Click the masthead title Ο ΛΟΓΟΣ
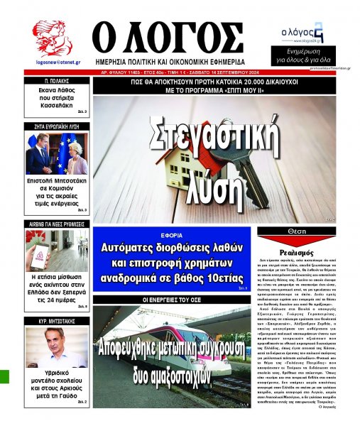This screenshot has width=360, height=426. [177, 36]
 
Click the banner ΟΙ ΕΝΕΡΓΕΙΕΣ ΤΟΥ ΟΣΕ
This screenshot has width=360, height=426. [173, 300]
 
